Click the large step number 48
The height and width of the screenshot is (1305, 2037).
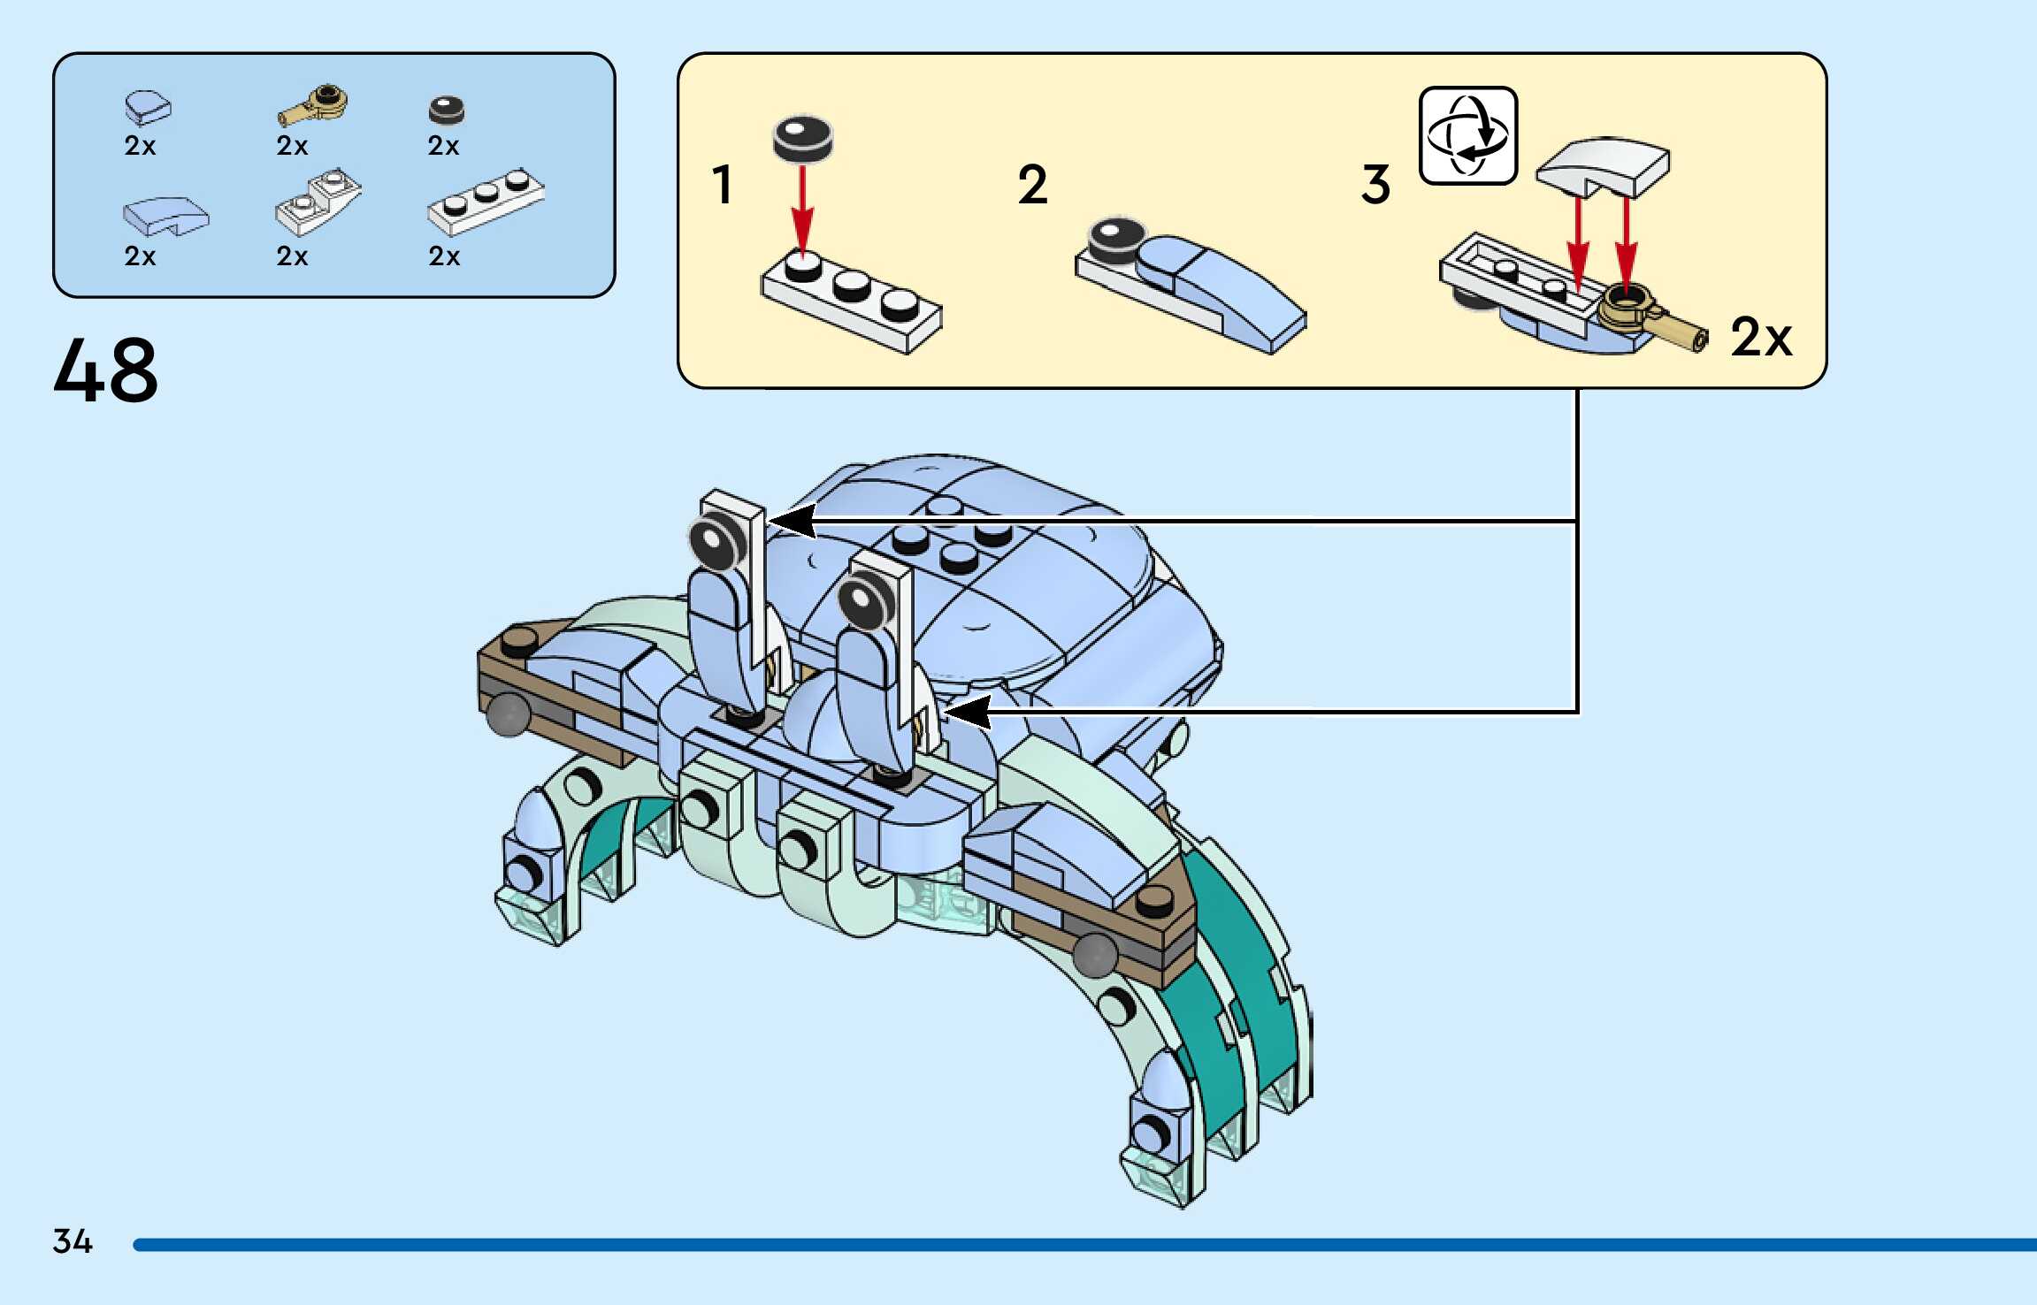click(106, 370)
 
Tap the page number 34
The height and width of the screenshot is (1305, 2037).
click(73, 1241)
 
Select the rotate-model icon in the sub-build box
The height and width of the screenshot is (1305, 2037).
click(1467, 135)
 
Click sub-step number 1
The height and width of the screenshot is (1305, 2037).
click(723, 185)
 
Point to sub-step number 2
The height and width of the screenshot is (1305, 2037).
click(1032, 185)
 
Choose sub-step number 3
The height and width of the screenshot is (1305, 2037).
click(1375, 185)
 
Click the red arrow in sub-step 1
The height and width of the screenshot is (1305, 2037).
click(802, 208)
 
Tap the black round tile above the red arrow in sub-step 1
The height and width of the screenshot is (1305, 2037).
click(803, 138)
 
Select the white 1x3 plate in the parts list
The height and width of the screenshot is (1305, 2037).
click(485, 202)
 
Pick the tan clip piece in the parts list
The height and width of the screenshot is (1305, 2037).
click(314, 106)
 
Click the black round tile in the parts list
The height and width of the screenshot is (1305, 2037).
click(446, 110)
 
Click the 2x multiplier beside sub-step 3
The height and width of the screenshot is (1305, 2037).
click(1760, 338)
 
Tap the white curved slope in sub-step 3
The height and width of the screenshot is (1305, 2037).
click(1603, 165)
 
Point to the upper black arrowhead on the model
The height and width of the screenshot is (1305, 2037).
click(792, 521)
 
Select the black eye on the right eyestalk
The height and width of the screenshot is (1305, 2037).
click(862, 600)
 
